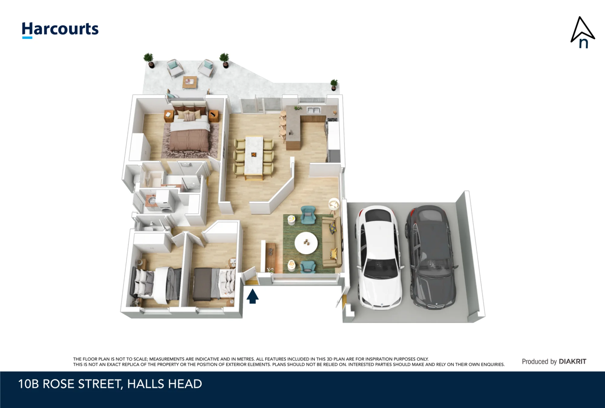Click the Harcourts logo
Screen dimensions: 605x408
click(x=60, y=30)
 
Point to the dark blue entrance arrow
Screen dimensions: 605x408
click(x=253, y=296)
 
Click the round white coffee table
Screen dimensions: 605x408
click(x=306, y=243)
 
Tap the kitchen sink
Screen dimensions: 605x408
click(x=314, y=110)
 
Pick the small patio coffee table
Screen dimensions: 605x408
click(x=190, y=82)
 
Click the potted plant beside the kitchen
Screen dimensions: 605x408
click(x=334, y=84)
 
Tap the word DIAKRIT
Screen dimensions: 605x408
click(x=572, y=361)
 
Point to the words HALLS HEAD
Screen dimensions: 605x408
click(x=165, y=384)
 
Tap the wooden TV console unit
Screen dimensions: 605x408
click(x=270, y=257)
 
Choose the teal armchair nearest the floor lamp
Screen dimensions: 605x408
click(x=308, y=215)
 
